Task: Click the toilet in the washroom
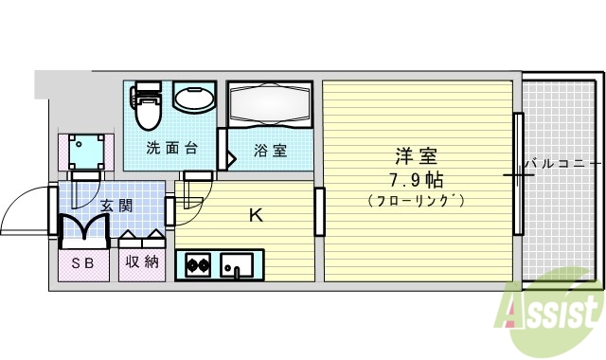147,106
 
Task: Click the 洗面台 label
171,149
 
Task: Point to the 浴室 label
270,150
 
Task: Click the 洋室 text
417,154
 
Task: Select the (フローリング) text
417,200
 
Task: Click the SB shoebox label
82,261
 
